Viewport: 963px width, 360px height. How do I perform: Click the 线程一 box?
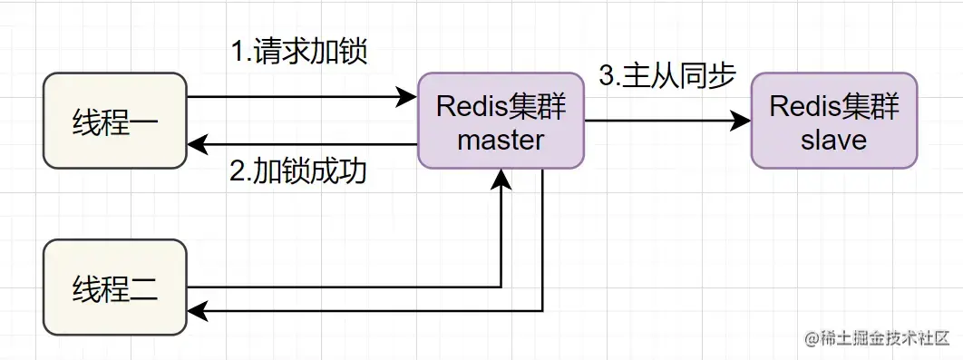coord(114,122)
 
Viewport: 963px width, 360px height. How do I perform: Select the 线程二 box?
coord(114,287)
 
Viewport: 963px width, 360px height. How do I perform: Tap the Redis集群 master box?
coord(501,121)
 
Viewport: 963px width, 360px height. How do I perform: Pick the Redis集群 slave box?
coord(833,121)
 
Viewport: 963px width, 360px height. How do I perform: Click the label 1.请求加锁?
coord(298,52)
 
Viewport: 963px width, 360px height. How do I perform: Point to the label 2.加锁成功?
coord(298,171)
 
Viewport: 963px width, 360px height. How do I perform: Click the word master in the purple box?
coord(501,140)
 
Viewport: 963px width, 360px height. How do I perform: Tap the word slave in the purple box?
coord(833,141)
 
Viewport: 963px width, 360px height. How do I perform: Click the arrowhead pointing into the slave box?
coord(743,120)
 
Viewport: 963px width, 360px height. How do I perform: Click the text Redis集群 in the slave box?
coord(833,106)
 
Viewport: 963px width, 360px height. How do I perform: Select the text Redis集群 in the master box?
coord(501,106)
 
